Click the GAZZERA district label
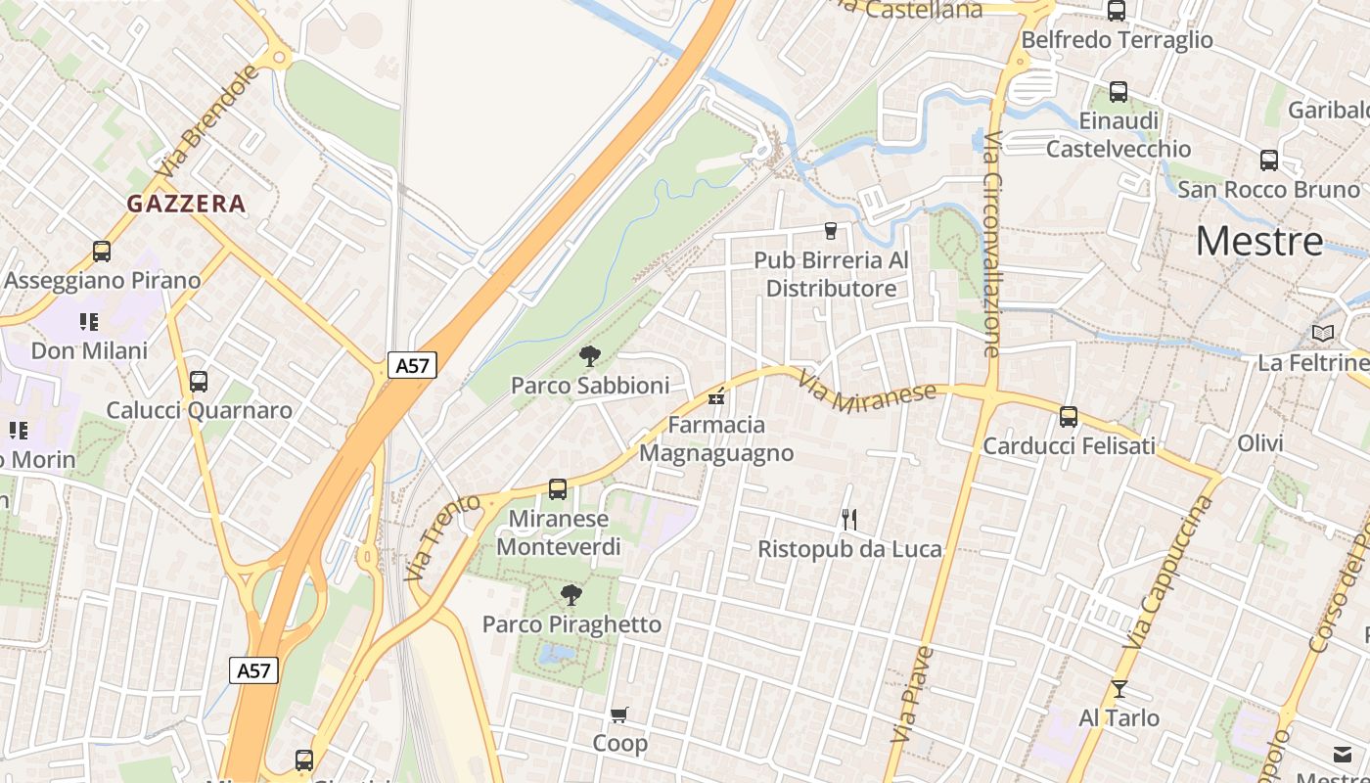click(x=186, y=204)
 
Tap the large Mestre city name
click(x=1259, y=241)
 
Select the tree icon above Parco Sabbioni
click(x=589, y=356)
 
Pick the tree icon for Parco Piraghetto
click(x=571, y=594)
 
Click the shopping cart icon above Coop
click(x=618, y=714)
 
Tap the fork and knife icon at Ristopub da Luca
click(x=849, y=519)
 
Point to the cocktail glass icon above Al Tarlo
click(x=1119, y=689)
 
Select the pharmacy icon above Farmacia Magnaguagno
click(x=716, y=396)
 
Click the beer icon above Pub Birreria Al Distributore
click(x=831, y=231)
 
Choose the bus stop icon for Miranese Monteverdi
click(x=558, y=488)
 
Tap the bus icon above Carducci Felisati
click(x=1069, y=417)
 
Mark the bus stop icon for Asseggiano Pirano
click(x=102, y=252)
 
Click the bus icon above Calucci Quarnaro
click(x=199, y=381)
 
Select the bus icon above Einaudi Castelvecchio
click(x=1119, y=92)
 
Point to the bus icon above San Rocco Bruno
click(x=1269, y=161)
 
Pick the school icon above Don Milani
click(x=89, y=322)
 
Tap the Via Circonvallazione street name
click(x=992, y=245)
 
